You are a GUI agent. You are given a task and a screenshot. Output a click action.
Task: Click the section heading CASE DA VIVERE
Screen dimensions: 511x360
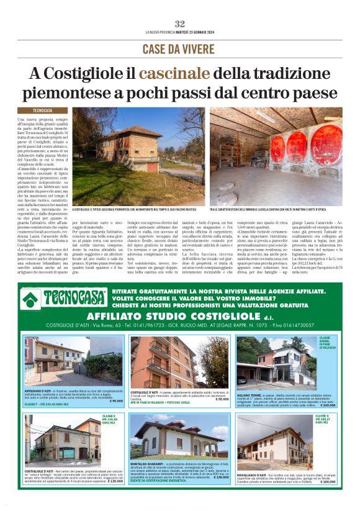(179, 48)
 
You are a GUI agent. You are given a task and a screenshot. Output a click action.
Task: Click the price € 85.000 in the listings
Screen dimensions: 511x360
(114, 400)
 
